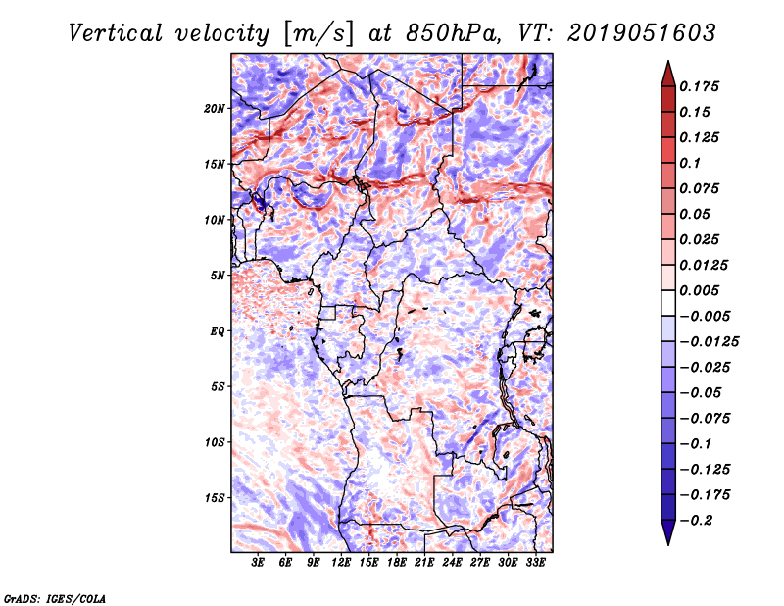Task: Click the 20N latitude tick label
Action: click(x=215, y=109)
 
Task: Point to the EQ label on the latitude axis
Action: click(x=218, y=331)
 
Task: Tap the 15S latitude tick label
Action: click(x=215, y=498)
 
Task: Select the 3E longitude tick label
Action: click(x=258, y=563)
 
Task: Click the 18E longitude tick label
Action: click(x=397, y=563)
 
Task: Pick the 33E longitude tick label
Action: click(x=535, y=563)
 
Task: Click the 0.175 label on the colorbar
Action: click(x=699, y=86)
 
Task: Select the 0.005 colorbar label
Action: click(x=699, y=290)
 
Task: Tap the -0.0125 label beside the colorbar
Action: click(x=709, y=342)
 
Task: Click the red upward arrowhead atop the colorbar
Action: click(x=668, y=74)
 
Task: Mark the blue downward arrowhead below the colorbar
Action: click(x=668, y=532)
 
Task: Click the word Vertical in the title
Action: click(x=116, y=33)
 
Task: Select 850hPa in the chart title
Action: click(x=453, y=33)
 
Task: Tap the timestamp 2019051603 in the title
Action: click(x=642, y=33)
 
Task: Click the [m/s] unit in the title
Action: click(x=318, y=34)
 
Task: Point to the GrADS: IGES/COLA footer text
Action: click(x=55, y=598)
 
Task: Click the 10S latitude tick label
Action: click(x=215, y=442)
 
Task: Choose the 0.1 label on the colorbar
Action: click(x=690, y=163)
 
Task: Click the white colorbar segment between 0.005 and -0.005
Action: click(x=668, y=303)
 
